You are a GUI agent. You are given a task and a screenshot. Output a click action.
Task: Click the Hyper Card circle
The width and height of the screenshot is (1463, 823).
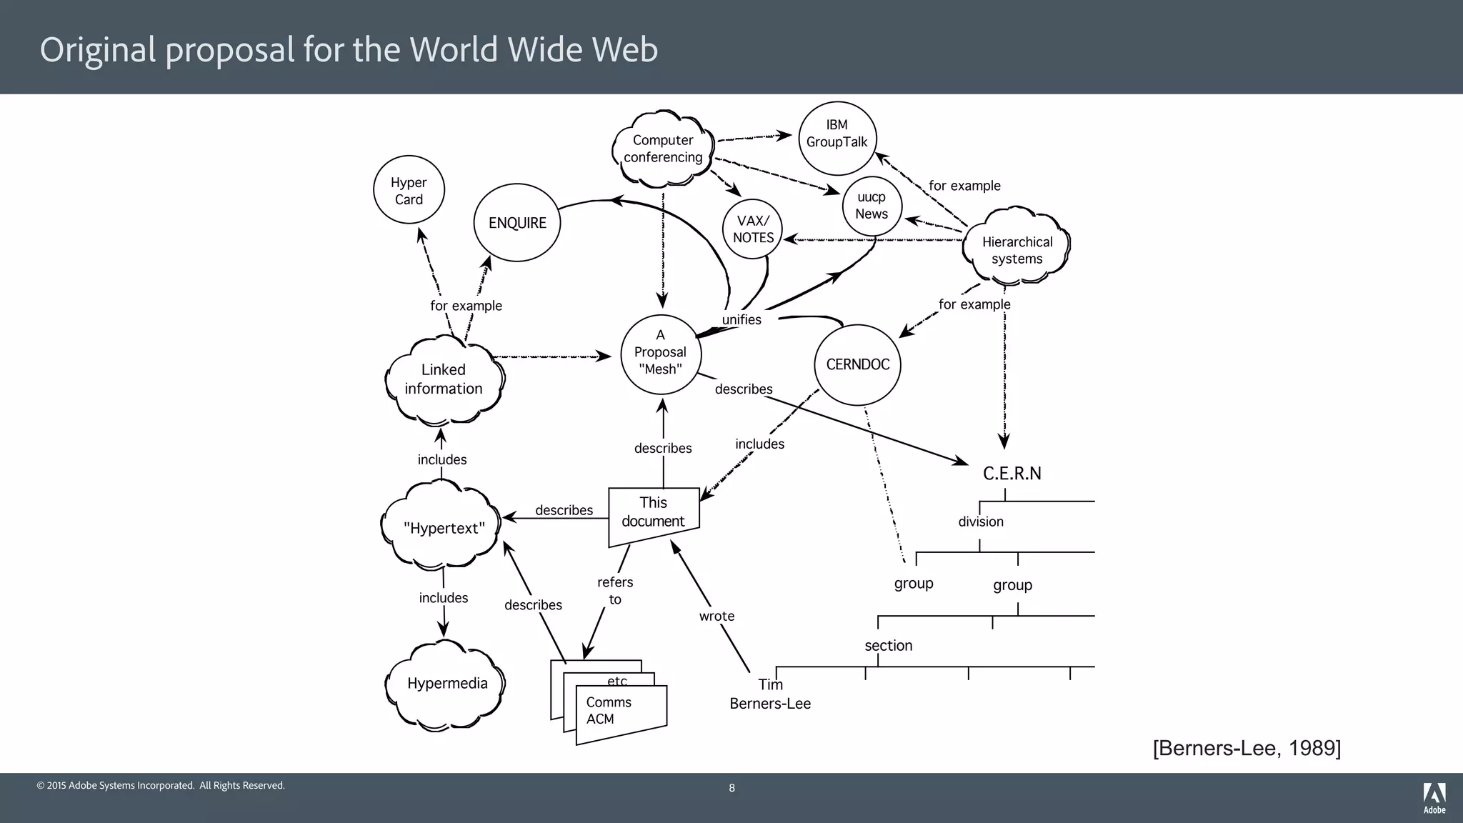[x=409, y=190]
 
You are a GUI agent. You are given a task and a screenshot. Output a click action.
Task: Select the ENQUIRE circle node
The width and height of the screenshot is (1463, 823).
[x=517, y=223]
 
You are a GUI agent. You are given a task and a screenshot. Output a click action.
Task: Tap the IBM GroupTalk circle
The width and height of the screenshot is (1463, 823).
[x=837, y=139]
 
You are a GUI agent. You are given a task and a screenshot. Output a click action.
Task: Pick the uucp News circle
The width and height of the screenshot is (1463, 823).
[x=872, y=206]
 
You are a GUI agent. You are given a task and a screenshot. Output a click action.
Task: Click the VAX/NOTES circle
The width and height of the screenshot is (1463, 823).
[x=753, y=229]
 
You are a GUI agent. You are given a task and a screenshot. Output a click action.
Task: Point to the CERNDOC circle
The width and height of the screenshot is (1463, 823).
[x=857, y=364]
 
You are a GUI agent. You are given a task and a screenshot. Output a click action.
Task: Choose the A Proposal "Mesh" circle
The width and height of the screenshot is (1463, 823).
[x=660, y=353]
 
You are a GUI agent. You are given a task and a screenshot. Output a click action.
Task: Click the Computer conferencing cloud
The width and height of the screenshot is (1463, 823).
[x=663, y=149]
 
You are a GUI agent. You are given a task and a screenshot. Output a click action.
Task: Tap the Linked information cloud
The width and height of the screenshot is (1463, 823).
[x=444, y=379]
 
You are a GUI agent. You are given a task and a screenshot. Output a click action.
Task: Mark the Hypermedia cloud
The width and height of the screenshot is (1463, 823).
[x=447, y=684]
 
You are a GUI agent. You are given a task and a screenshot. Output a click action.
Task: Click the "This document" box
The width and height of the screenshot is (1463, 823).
[x=653, y=513]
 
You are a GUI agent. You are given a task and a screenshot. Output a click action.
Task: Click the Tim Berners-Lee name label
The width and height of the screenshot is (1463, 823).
[x=770, y=694]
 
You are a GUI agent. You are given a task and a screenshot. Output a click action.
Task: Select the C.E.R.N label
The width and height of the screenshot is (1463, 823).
[x=1012, y=474]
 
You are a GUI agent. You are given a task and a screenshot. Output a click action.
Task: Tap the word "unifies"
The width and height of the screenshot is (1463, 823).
[x=742, y=320]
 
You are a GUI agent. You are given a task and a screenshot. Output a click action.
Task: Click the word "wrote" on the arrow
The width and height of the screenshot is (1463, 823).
[x=716, y=617]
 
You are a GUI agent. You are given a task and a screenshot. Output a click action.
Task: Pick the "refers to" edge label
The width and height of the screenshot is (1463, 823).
[x=615, y=591]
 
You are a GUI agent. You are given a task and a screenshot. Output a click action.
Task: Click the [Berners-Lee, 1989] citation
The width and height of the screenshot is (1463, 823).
[x=1247, y=748]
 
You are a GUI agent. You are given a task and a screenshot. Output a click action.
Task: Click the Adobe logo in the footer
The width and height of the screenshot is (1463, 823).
[x=1434, y=797]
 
